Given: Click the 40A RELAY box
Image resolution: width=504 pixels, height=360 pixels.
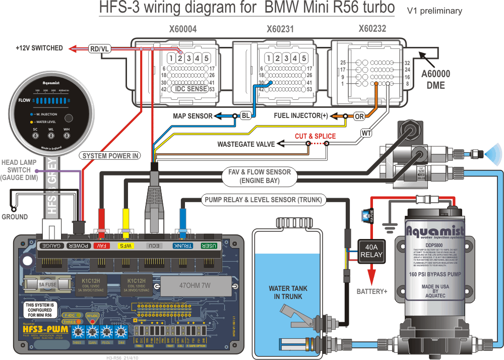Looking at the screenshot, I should (371, 251).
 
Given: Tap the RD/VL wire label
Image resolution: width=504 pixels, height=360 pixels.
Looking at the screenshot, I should (100, 48).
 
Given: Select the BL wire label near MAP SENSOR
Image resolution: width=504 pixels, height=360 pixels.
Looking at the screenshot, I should (245, 116).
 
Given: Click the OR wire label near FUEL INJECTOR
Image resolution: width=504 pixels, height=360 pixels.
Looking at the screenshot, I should (359, 116).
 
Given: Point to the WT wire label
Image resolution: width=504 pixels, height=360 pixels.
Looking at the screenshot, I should (366, 134).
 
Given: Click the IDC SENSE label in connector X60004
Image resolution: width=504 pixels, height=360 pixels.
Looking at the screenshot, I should (191, 89).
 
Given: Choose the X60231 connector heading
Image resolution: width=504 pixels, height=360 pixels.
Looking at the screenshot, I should (280, 30).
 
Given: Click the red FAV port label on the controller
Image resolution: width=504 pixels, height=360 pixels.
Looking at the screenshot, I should (101, 246).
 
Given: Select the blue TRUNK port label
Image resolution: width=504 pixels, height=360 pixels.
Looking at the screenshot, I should (182, 246).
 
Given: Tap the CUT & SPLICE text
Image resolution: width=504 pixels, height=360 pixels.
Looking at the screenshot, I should (315, 136).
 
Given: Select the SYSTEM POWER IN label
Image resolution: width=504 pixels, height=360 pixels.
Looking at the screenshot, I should (110, 156).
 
